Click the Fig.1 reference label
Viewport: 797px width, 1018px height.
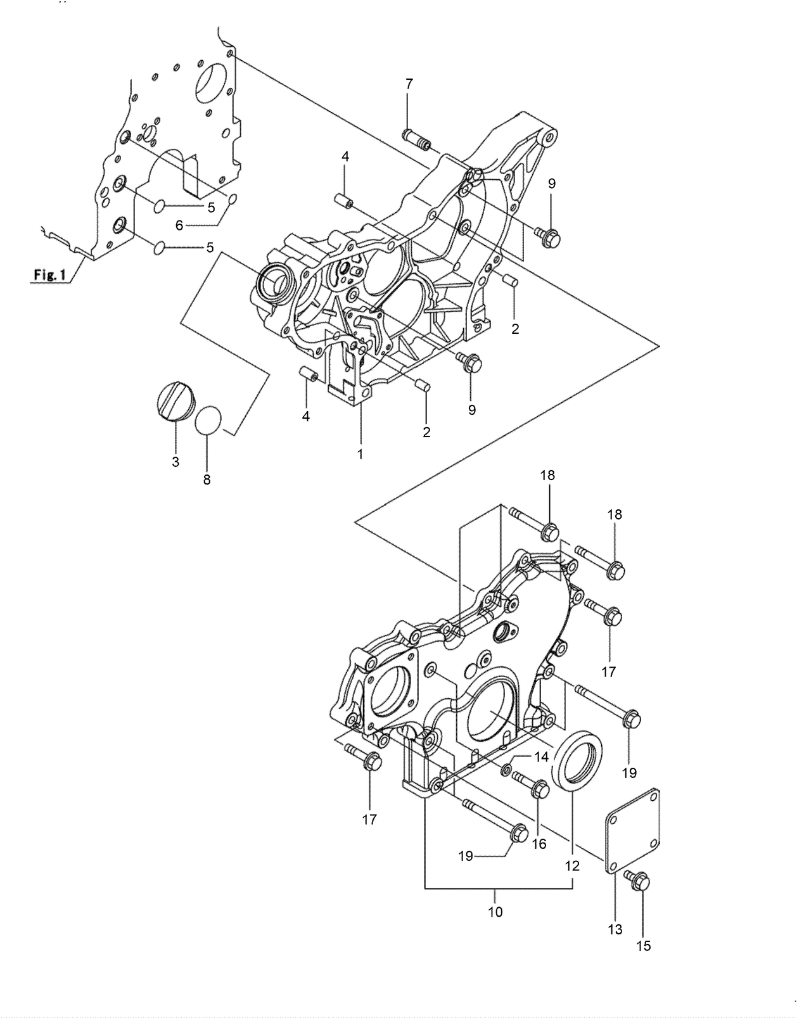49,276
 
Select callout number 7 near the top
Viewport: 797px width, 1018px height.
409,83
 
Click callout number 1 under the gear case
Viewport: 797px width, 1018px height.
360,454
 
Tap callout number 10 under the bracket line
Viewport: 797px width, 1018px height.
495,912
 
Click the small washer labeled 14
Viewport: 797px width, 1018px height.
507,769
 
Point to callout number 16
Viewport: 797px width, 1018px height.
539,844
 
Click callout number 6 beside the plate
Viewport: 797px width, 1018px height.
179,225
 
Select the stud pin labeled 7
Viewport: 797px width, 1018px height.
417,140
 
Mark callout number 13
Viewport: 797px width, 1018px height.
615,929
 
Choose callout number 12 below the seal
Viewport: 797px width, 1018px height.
572,865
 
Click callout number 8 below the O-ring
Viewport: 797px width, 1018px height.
207,480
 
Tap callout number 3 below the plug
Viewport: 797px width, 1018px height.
175,462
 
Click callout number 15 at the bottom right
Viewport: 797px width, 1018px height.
644,946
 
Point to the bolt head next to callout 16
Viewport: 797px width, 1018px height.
539,789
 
